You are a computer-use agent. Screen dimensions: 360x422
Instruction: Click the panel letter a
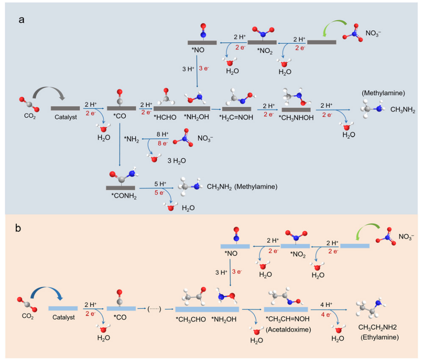(21, 20)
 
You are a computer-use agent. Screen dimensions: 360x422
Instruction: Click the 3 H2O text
(176, 160)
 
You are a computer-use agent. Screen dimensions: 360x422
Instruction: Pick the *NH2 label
(131, 139)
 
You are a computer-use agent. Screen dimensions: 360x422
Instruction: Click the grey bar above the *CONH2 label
(120, 188)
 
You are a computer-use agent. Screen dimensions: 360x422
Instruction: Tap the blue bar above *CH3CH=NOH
(286, 309)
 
